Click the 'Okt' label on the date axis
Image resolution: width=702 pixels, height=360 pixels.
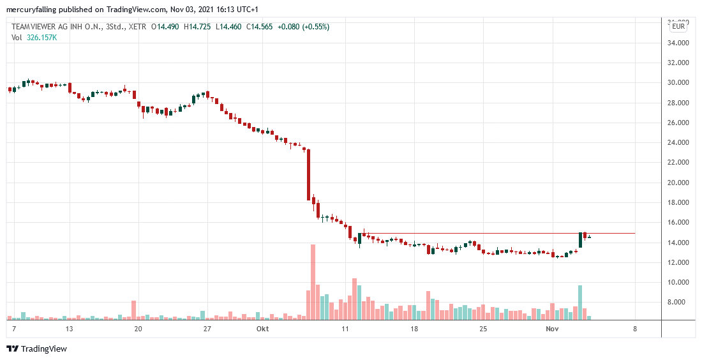click(x=262, y=329)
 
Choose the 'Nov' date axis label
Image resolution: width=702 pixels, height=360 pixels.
click(x=553, y=329)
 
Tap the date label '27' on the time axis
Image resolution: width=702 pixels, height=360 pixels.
click(x=207, y=329)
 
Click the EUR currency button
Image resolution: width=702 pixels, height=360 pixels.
click(x=678, y=26)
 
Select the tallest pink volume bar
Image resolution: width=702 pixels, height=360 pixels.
click(x=313, y=281)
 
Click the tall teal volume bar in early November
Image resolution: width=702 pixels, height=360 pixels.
click(x=580, y=302)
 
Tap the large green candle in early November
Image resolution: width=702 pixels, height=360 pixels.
click(x=581, y=240)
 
